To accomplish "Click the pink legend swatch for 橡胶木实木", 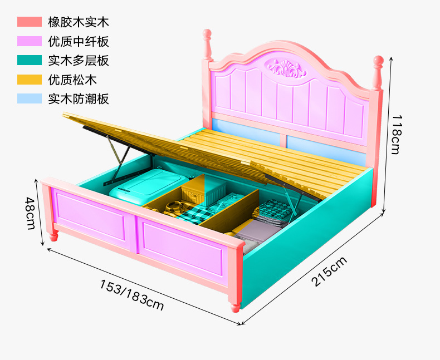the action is click(30, 22).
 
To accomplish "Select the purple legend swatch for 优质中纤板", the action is click(30, 41).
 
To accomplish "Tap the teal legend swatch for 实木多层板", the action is click(30, 60).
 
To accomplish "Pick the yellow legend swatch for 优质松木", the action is click(30, 80).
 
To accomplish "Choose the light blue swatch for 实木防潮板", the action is click(30, 98).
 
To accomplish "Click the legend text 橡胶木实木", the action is click(79, 22).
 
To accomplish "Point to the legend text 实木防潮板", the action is click(79, 98).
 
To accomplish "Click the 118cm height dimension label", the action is click(396, 134).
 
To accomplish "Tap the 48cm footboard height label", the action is click(30, 213).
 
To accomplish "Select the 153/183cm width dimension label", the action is click(131, 295).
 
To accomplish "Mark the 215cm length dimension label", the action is click(329, 271).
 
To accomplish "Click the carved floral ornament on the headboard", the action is click(286, 68).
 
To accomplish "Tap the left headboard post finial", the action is click(207, 45).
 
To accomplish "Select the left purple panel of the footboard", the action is click(90, 214).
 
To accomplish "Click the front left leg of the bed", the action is click(53, 235).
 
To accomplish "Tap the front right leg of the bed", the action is click(235, 308).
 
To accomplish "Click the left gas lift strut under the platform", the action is click(116, 160).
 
